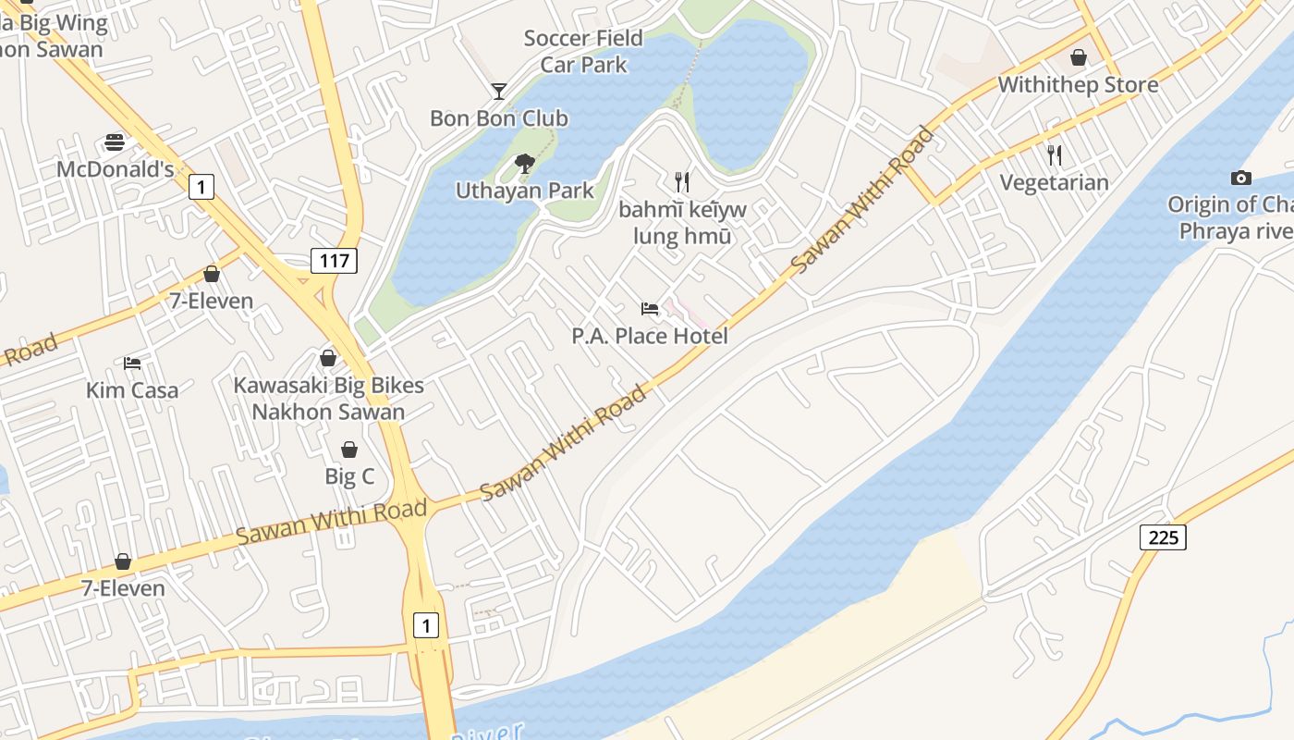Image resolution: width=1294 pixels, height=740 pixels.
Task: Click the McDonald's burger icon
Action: tap(115, 142)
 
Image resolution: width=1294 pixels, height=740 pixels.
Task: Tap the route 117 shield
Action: tap(334, 261)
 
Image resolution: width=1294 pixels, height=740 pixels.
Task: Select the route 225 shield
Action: tap(1162, 536)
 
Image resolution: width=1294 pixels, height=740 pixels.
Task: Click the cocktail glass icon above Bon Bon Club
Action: tap(499, 91)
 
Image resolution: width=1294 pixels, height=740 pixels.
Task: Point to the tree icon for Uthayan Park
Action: tap(524, 164)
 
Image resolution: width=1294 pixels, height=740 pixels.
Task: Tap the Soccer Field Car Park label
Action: tap(583, 52)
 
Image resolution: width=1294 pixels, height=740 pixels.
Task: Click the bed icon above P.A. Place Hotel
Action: tap(650, 309)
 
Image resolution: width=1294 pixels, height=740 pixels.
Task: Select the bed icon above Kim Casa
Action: tap(132, 364)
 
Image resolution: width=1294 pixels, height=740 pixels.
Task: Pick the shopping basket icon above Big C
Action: tap(349, 450)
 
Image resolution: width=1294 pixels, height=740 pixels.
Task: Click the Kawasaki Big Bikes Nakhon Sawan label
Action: tap(328, 399)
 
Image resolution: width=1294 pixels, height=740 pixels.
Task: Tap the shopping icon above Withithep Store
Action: tap(1078, 58)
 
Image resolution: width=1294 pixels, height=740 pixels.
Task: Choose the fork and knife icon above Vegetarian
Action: tap(1054, 154)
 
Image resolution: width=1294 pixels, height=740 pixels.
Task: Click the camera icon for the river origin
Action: tap(1240, 178)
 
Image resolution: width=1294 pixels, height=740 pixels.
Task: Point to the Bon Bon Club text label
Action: tap(499, 118)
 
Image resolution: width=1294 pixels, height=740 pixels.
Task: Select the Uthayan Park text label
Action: tap(524, 191)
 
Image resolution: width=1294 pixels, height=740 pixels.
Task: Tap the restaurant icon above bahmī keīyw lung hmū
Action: tap(682, 181)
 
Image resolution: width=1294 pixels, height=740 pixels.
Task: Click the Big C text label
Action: tap(349, 477)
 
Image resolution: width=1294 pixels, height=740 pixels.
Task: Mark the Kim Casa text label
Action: tap(132, 390)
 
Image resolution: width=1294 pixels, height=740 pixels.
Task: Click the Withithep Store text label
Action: tap(1078, 85)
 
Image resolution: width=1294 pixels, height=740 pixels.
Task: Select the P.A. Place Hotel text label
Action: tap(650, 336)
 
